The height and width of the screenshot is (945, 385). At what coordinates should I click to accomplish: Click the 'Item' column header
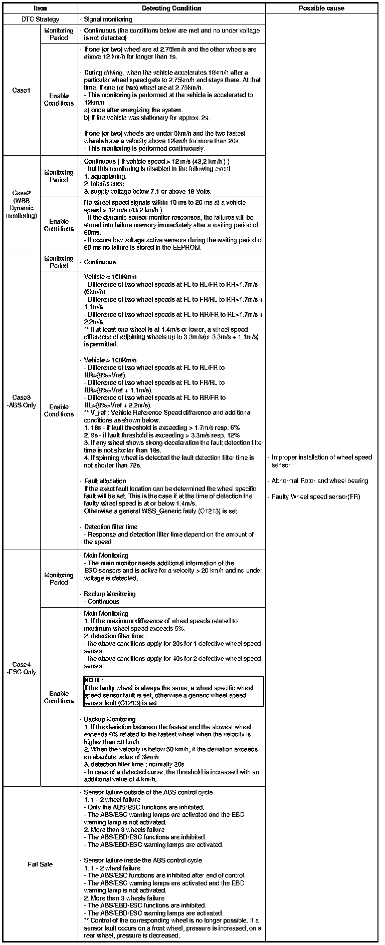click(40, 8)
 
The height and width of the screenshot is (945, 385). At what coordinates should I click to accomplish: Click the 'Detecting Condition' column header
click(171, 8)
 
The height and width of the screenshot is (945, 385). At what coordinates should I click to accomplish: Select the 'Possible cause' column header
click(321, 8)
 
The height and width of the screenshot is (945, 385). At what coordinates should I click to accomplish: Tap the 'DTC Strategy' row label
click(40, 20)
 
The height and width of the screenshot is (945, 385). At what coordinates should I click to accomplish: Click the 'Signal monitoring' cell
click(108, 20)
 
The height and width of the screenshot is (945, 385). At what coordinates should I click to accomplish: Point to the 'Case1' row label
click(21, 91)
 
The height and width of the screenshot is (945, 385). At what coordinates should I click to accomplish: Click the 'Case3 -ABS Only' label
click(21, 401)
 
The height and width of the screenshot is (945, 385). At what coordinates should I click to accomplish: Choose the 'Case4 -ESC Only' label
click(21, 668)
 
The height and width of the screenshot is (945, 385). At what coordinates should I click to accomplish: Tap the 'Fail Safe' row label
click(40, 864)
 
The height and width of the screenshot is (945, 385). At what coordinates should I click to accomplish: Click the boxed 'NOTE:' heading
click(94, 680)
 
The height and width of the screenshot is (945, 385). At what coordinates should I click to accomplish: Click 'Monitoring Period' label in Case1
click(59, 34)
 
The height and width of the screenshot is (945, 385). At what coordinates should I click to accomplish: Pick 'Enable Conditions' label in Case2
click(59, 225)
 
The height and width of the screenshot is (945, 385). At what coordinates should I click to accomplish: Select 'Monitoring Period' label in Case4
click(59, 579)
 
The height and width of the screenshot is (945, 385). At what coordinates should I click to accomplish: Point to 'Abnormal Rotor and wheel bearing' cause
click(320, 481)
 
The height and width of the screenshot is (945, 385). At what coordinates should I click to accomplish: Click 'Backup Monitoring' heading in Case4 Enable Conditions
click(109, 719)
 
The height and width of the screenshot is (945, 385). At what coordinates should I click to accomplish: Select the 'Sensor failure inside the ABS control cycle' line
click(143, 860)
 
